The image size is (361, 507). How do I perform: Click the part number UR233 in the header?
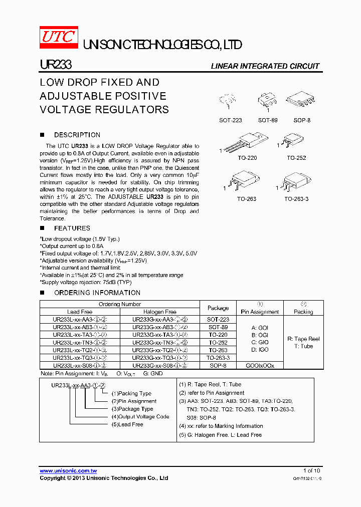(56, 65)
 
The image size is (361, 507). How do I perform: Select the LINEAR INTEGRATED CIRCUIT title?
(265, 66)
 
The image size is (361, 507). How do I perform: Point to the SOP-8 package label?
(302, 121)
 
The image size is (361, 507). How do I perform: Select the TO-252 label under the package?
(296, 158)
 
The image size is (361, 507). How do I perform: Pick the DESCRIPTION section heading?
(77, 135)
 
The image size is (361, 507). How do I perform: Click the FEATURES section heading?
(72, 228)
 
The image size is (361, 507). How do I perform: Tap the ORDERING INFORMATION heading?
(97, 293)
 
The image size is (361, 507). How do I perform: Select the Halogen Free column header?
(160, 312)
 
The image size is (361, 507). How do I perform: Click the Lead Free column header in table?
(80, 312)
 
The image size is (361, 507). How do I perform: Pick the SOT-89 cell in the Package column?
(218, 327)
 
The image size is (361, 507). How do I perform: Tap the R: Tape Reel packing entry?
(303, 339)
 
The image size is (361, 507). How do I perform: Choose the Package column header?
(218, 308)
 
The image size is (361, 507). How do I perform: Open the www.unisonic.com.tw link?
(68, 470)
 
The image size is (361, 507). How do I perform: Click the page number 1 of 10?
(311, 470)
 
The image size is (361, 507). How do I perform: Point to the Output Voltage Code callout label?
(140, 417)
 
